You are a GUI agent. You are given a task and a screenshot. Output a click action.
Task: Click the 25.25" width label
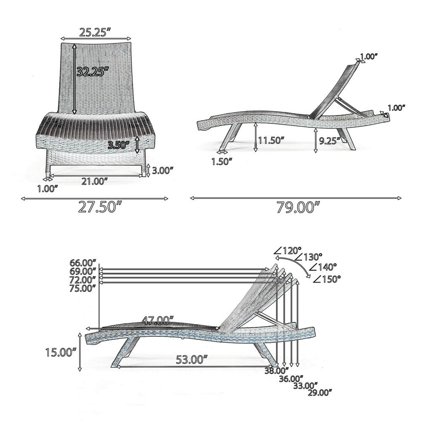(x=95, y=32)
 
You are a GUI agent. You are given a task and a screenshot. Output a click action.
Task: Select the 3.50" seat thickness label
(x=118, y=145)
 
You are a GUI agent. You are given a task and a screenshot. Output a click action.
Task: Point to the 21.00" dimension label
(x=95, y=181)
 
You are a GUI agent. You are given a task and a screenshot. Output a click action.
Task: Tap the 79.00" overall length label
(x=298, y=207)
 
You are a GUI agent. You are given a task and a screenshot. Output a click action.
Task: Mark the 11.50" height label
(x=271, y=140)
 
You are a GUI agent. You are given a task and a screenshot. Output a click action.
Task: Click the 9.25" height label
(x=330, y=141)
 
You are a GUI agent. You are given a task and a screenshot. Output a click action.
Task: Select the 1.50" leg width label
(x=222, y=162)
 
